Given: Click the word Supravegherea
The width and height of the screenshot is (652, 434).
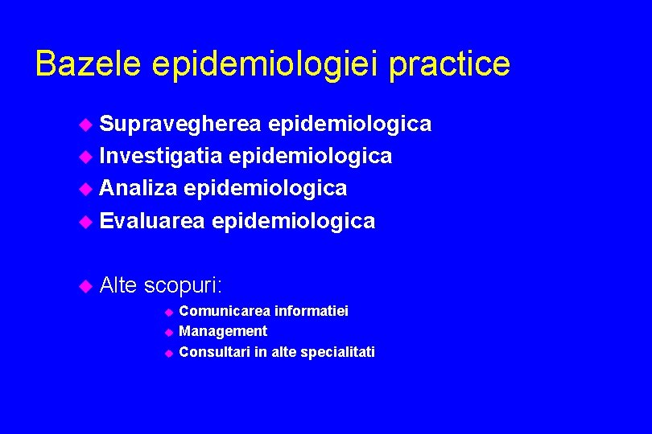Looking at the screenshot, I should [x=180, y=125].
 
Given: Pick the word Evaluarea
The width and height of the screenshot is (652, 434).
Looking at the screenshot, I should [x=152, y=220].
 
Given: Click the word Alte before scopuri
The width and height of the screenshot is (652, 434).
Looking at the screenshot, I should [x=118, y=285].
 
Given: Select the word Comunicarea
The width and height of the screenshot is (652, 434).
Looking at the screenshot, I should [x=225, y=311].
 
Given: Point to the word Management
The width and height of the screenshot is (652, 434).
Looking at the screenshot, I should [x=223, y=331].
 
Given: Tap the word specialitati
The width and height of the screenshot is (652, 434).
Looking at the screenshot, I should [x=336, y=353].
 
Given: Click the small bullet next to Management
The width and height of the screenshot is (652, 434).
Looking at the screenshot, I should [x=169, y=332].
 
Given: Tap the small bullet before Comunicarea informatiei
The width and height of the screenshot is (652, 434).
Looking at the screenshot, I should [x=169, y=312].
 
